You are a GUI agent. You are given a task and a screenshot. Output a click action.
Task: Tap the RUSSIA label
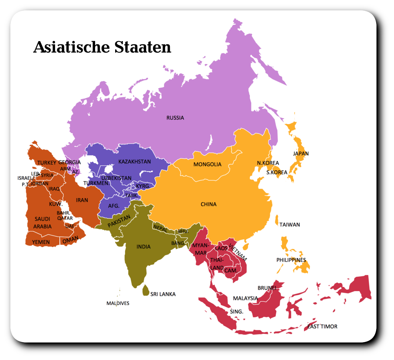[175, 118]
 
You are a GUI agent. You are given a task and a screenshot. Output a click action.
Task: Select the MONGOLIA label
[207, 164]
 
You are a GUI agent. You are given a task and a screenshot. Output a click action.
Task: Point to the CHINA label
[208, 204]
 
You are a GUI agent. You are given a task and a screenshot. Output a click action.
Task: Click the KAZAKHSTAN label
[134, 162]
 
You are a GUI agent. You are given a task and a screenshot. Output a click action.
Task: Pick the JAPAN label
[301, 153]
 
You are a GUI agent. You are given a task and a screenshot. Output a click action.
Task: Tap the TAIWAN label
[290, 225]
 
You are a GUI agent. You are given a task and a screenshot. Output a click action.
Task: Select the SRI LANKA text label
[163, 294]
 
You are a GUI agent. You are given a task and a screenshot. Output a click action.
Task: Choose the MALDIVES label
[118, 303]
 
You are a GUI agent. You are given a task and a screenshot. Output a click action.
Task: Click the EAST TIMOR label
[322, 326]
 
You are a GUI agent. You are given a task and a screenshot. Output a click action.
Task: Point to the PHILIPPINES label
[291, 260]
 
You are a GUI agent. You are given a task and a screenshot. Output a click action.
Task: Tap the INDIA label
[143, 247]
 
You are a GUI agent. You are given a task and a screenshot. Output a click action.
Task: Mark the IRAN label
[82, 200]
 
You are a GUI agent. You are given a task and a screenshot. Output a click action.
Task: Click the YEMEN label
[41, 242]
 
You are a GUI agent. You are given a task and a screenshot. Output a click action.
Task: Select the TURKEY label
[47, 163]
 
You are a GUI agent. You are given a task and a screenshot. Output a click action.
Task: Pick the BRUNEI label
[267, 288]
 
